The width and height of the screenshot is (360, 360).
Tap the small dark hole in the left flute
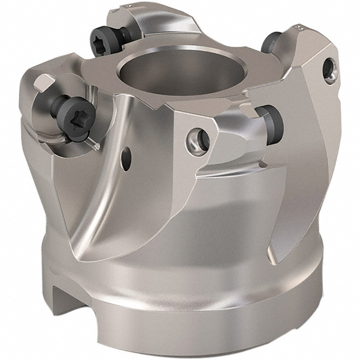[126, 158]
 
